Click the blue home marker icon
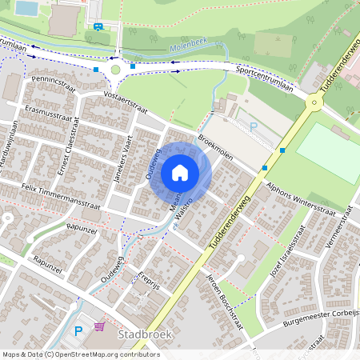[180, 172]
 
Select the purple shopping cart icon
[99, 327]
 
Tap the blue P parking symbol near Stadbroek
[78, 330]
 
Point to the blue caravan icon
[98, 26]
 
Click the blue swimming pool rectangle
[26, 8]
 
